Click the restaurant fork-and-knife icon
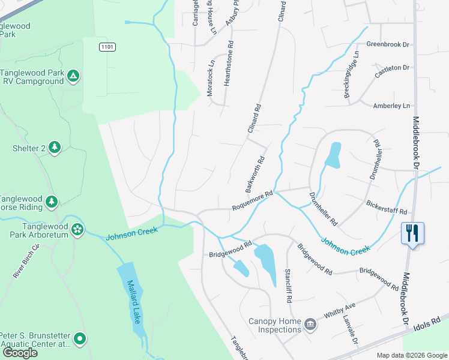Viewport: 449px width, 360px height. click(x=412, y=233)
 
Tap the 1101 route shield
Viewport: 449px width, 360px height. click(x=107, y=47)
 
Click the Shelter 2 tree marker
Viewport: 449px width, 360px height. click(x=55, y=147)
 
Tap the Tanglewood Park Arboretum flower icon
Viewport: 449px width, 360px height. click(x=77, y=229)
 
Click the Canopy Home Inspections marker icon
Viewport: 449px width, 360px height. click(x=310, y=324)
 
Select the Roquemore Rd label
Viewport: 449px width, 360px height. click(x=253, y=200)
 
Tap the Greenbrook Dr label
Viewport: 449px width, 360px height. click(x=387, y=44)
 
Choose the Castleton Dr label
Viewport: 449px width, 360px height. click(x=391, y=71)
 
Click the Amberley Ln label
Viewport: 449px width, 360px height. click(x=391, y=106)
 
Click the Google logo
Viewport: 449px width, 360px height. click(x=20, y=353)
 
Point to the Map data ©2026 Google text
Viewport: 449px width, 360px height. click(x=411, y=355)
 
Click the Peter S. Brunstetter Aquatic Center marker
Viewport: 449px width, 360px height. click(x=79, y=340)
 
